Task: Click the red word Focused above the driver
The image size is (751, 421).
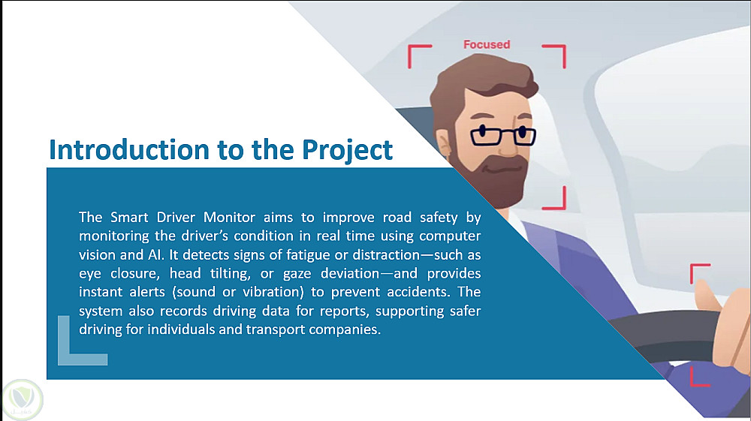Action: (486, 44)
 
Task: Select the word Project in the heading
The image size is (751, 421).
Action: (347, 151)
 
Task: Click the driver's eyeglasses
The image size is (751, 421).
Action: (503, 135)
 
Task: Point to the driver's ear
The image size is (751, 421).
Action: (443, 143)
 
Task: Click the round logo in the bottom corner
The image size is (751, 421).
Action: (22, 400)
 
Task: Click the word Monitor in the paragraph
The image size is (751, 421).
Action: (229, 217)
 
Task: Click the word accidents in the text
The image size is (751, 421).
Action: (418, 292)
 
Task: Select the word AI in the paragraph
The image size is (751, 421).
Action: (153, 255)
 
